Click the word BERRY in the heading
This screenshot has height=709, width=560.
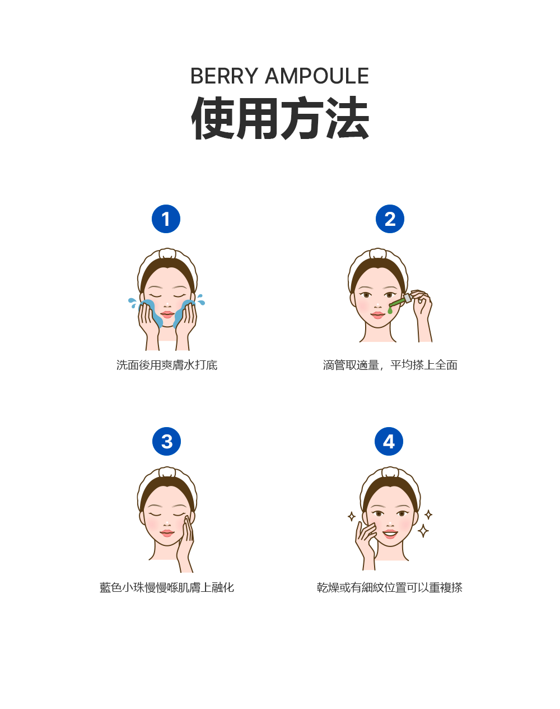pos(224,76)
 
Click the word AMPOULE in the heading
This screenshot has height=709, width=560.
pos(316,76)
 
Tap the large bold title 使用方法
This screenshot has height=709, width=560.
pos(280,118)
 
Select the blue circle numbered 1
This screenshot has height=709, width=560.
pos(166,219)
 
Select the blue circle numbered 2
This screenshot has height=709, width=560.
pos(390,219)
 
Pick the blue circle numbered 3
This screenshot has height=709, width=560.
pos(166,442)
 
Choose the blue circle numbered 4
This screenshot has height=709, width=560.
pos(389,442)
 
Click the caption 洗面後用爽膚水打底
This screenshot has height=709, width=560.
pos(167,365)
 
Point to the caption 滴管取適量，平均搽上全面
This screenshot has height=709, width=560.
pos(390,365)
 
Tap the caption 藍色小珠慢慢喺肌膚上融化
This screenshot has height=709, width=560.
pos(167,587)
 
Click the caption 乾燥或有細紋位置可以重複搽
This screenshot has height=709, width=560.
pos(390,587)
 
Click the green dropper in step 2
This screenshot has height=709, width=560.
pos(399,303)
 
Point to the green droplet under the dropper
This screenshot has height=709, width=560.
pos(390,310)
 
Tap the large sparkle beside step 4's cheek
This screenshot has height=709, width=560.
pos(423,530)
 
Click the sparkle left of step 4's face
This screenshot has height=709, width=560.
pos(352,516)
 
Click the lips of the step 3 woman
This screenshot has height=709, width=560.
pos(167,532)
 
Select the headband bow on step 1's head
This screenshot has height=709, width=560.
pos(167,253)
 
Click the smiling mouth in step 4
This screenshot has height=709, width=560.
pos(390,533)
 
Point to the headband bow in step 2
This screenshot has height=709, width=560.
pos(378,253)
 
